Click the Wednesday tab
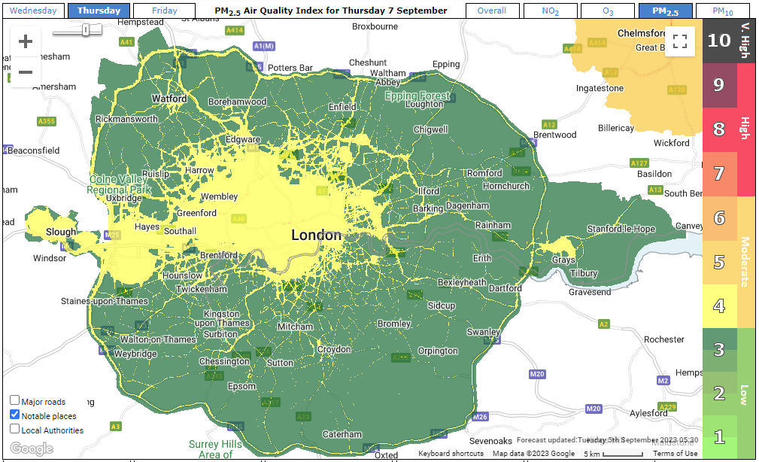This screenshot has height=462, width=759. click(33, 11)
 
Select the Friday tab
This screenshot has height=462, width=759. click(165, 11)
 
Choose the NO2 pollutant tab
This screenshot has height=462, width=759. click(551, 11)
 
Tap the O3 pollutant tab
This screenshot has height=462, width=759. click(608, 11)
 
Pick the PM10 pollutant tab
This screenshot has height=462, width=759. click(722, 11)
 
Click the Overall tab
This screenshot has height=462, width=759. click(492, 11)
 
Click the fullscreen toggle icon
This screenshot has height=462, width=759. click(680, 41)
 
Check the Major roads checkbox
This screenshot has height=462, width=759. click(15, 400)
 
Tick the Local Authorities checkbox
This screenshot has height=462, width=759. click(15, 430)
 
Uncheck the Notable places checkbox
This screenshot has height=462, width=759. click(15, 415)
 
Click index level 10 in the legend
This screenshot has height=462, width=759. click(719, 41)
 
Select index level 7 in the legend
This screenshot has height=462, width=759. click(719, 174)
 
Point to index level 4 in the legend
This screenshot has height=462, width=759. click(719, 306)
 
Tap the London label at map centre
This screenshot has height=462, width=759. click(316, 236)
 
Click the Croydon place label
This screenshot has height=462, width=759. click(333, 349)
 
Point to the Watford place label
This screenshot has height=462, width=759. click(169, 99)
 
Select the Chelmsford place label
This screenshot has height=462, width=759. click(642, 33)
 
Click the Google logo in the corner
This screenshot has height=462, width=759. click(32, 448)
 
